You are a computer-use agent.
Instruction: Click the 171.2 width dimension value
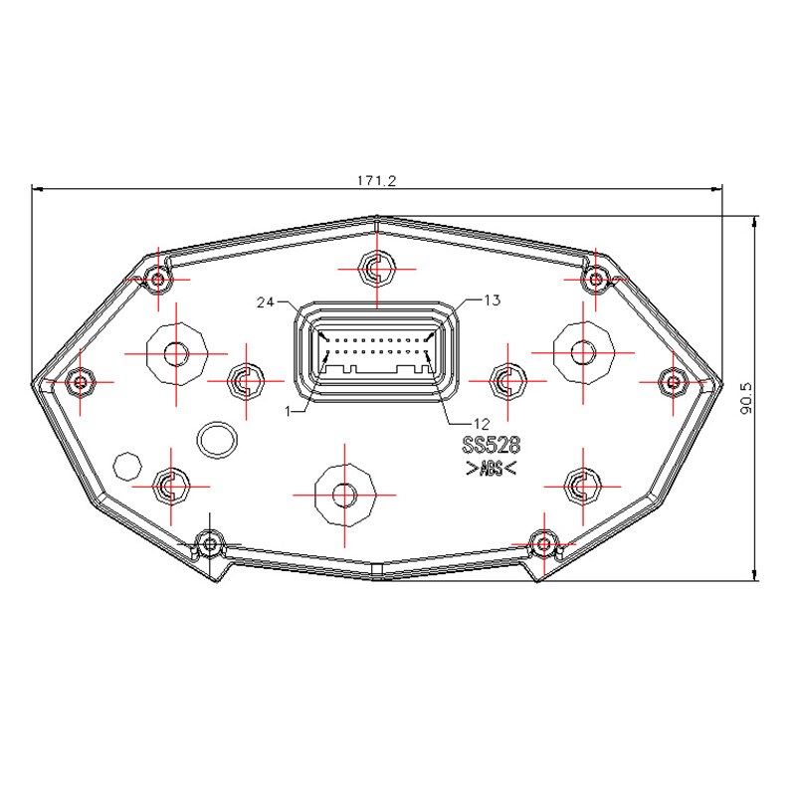[x=376, y=181]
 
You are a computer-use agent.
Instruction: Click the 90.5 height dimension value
[x=745, y=399]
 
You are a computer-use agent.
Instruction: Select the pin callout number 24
[x=266, y=302]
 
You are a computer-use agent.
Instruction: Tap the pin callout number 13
[x=492, y=300]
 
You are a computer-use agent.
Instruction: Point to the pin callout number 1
[x=288, y=411]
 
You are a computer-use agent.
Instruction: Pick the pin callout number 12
[x=482, y=424]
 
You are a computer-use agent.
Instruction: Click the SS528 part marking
[x=492, y=445]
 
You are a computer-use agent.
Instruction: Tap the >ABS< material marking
[x=491, y=468]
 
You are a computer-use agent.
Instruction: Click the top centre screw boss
[x=377, y=269]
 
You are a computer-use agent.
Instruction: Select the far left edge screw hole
[x=81, y=381]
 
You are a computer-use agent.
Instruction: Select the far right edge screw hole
[x=674, y=382]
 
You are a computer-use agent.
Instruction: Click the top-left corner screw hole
[x=158, y=279]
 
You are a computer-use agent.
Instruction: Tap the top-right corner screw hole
[x=596, y=279]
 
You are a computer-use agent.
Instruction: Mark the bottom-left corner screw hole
[x=210, y=544]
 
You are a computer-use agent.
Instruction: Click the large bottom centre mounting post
[x=344, y=495]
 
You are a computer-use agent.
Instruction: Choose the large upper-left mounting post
[x=176, y=353]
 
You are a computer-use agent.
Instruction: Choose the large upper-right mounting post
[x=583, y=353]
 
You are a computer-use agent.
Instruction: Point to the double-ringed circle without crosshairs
[x=217, y=440]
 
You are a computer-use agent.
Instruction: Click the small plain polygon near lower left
[x=127, y=466]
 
